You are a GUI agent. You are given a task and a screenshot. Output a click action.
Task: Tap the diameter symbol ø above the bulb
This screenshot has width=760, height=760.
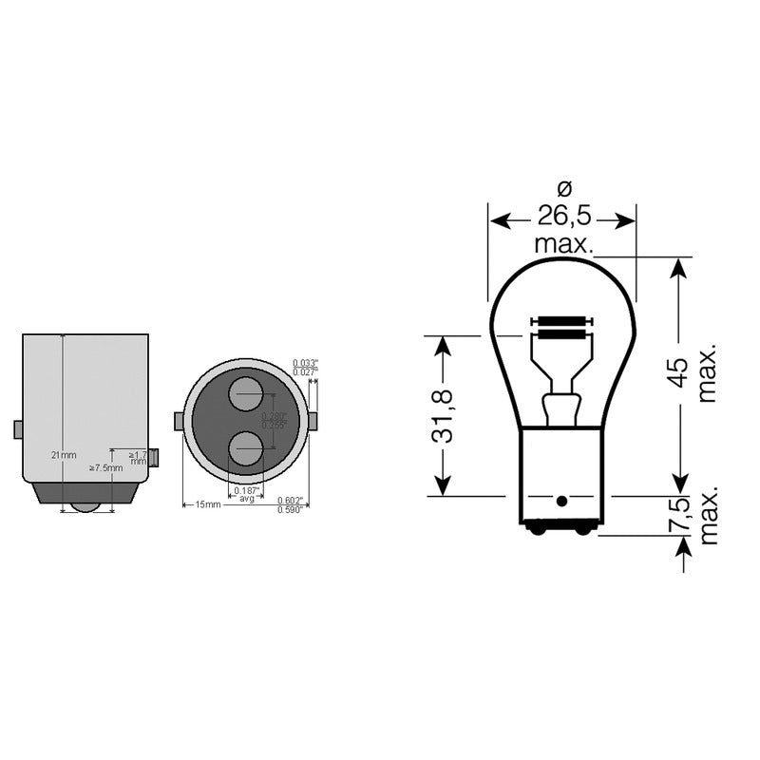tap(562, 188)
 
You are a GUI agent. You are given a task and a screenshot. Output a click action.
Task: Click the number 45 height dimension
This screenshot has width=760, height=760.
tap(678, 371)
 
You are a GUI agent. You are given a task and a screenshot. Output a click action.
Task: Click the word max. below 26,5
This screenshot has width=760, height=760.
tap(562, 245)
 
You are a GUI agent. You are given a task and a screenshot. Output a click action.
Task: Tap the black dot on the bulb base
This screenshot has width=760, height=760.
tap(561, 501)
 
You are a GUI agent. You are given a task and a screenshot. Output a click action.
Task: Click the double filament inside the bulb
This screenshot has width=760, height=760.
tap(559, 329)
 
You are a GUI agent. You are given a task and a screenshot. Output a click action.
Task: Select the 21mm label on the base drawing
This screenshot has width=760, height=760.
tap(63, 455)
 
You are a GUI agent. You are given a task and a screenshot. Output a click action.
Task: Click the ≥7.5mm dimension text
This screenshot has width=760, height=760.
tap(105, 467)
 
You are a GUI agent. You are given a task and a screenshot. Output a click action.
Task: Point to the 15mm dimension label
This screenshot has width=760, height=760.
tap(207, 504)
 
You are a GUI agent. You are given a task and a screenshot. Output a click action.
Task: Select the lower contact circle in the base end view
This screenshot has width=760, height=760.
tap(247, 448)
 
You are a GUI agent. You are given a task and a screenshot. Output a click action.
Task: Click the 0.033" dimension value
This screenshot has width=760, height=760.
tap(305, 363)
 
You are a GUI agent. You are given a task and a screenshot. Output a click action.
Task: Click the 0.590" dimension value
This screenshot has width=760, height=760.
tap(290, 510)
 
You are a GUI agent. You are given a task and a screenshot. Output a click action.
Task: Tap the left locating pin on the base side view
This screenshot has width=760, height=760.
tap(18, 429)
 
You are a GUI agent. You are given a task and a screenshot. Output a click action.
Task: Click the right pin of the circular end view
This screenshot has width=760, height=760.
tap(313, 421)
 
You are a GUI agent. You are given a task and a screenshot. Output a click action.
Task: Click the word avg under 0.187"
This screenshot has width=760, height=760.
tap(247, 499)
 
